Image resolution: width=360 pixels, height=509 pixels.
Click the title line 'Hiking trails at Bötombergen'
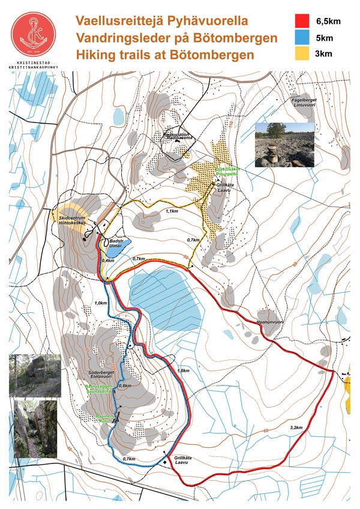pos(165,55)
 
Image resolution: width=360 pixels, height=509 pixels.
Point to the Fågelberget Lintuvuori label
pos(303,101)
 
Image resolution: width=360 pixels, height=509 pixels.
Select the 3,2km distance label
pos(295,427)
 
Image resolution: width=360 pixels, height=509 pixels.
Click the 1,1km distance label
pos(172,211)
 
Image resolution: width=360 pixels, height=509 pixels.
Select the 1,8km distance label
pos(184,371)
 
